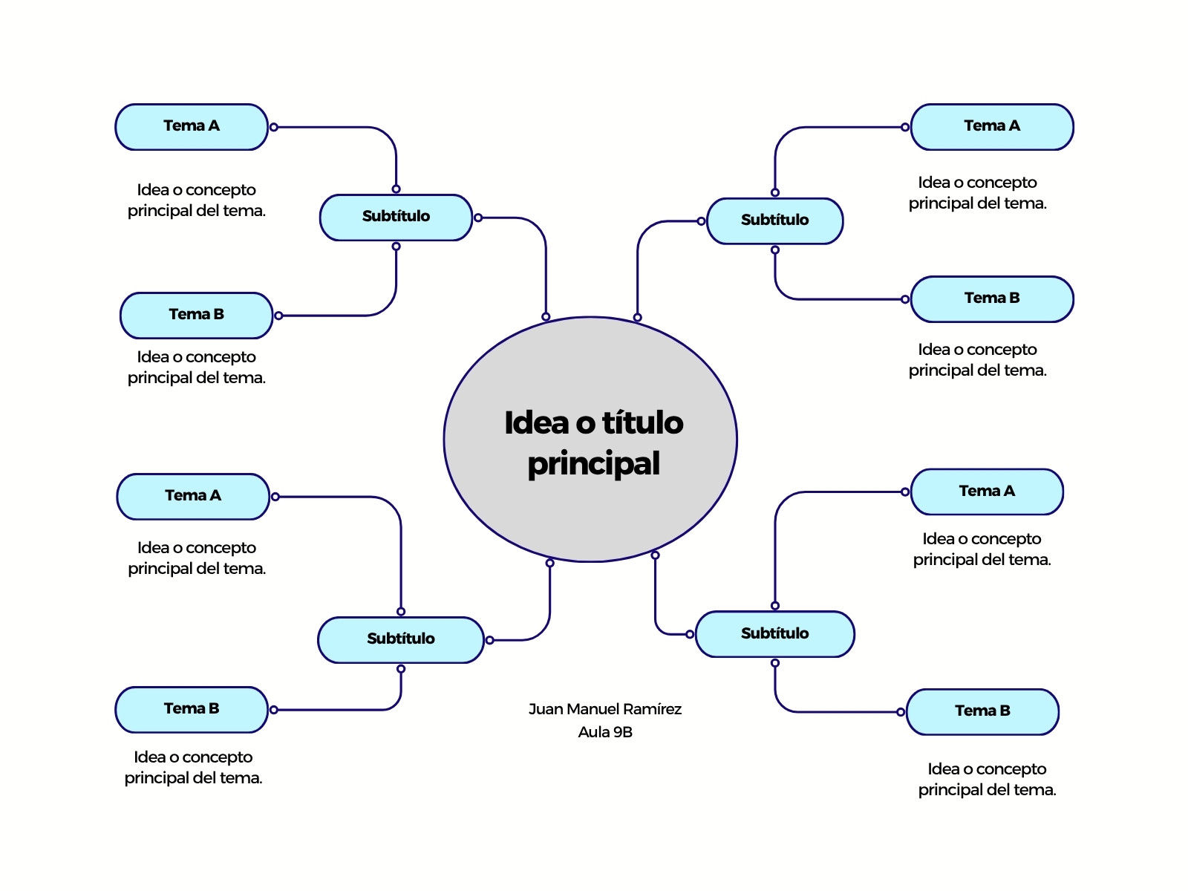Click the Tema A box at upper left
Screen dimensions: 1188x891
(x=191, y=127)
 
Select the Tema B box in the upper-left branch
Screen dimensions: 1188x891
(x=196, y=316)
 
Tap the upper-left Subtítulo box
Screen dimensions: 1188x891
(x=396, y=218)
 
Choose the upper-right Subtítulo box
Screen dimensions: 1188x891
(x=774, y=221)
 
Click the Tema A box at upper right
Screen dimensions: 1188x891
(x=991, y=127)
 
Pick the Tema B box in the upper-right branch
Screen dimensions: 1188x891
(x=991, y=299)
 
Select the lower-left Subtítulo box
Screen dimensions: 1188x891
(x=400, y=640)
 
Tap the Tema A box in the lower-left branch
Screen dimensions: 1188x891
(x=192, y=497)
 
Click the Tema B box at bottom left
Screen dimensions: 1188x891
(x=191, y=710)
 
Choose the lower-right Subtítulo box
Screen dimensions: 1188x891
(x=774, y=634)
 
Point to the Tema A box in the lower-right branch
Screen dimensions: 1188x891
(x=987, y=492)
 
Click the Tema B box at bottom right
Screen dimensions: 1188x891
(x=982, y=712)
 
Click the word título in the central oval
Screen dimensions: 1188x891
(x=643, y=422)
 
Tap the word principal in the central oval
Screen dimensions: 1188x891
(x=594, y=463)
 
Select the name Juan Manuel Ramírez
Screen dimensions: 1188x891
(x=604, y=708)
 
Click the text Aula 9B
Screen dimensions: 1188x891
(x=604, y=732)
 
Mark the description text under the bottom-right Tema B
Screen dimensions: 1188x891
(x=987, y=779)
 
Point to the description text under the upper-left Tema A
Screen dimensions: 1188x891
(x=197, y=200)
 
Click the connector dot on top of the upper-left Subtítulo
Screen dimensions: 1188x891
(x=396, y=189)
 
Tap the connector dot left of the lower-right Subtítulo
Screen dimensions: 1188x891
(x=690, y=634)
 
